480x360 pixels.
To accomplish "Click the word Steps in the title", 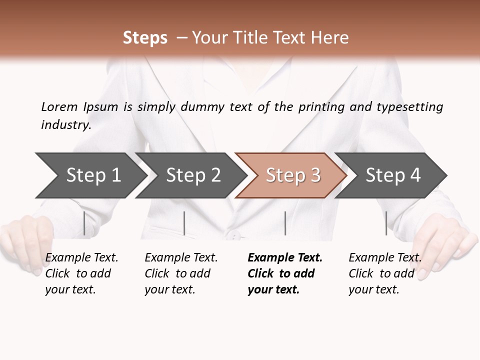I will click(145, 38).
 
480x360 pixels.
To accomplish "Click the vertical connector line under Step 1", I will click(84, 223).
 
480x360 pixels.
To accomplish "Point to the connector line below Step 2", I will click(184, 223).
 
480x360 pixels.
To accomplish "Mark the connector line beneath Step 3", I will click(285, 223).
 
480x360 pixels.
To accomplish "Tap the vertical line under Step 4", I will click(386, 223).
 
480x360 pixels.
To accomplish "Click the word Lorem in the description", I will click(59, 106).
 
